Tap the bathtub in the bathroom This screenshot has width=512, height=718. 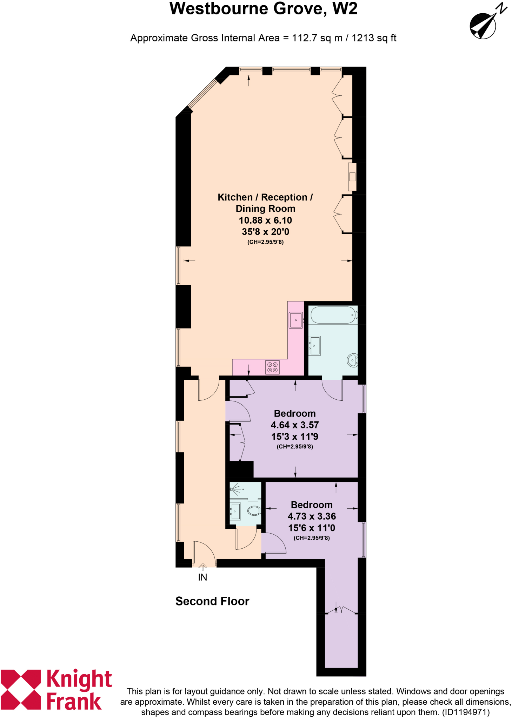(333, 315)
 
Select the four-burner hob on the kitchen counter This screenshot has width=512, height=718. (272, 367)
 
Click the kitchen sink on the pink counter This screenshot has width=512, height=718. (295, 320)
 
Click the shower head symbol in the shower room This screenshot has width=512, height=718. (235, 488)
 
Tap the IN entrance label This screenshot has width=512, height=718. (202, 577)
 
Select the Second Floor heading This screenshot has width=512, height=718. (212, 601)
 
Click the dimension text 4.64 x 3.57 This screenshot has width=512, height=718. (295, 425)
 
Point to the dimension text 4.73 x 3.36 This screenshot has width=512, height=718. (312, 516)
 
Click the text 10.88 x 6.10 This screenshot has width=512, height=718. (265, 220)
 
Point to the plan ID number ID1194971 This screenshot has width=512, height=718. (465, 712)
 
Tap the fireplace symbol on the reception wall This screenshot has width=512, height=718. (352, 177)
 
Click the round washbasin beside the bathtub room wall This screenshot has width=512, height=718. (352, 360)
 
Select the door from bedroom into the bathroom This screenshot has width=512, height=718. (332, 390)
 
